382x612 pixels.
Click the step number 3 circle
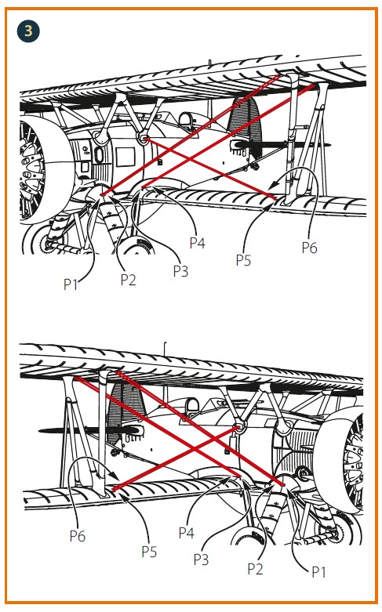tap(28, 31)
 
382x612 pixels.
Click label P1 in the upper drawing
tap(71, 284)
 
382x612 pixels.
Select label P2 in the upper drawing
tap(128, 280)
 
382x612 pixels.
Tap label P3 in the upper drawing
tap(180, 271)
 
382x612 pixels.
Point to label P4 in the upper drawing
tap(197, 243)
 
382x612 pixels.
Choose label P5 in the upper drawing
tap(243, 260)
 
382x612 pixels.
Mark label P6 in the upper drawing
tap(309, 248)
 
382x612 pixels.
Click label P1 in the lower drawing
tap(318, 572)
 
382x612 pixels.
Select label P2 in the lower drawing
tap(256, 569)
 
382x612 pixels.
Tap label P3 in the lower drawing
tap(201, 559)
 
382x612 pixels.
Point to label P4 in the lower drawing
tap(187, 533)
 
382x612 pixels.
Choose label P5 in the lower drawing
tap(149, 552)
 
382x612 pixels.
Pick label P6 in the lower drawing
tap(78, 536)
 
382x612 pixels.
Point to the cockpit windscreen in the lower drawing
tap(192, 407)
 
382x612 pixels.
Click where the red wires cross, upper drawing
tap(191, 159)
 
